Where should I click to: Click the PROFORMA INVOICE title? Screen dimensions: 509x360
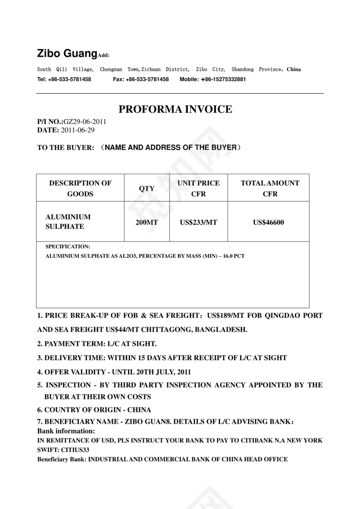[175, 110]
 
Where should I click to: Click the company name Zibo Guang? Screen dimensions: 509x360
[66, 54]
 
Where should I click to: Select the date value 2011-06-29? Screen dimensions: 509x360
[78, 130]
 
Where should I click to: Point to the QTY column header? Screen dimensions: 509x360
[147, 189]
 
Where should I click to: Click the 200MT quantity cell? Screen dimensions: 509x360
[147, 222]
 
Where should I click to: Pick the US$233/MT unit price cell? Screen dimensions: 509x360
[198, 222]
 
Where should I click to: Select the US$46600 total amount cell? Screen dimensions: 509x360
[268, 222]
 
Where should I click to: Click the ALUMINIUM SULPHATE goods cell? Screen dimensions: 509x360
[68, 222]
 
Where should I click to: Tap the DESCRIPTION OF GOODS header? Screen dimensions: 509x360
[80, 189]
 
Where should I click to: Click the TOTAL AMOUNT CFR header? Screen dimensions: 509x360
[270, 189]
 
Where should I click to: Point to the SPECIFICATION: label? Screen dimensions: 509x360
[68, 246]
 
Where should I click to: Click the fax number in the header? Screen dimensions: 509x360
[147, 79]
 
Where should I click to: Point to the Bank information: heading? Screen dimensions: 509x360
[66, 431]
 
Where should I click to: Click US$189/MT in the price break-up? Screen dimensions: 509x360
[225, 316]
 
